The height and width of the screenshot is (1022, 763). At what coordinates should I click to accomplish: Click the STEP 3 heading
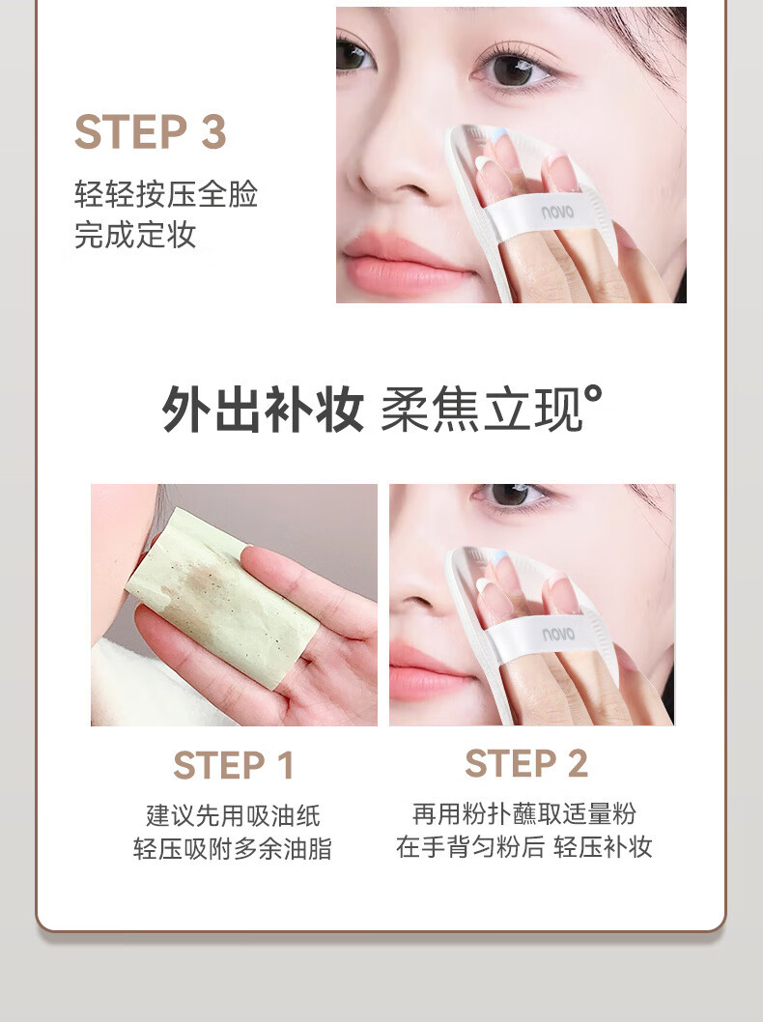tap(151, 132)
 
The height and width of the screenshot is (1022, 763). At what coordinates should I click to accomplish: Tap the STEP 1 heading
tap(234, 765)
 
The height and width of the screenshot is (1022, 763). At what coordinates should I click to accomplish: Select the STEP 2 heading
tap(526, 763)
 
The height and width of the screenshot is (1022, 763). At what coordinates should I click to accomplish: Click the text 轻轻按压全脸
tap(166, 193)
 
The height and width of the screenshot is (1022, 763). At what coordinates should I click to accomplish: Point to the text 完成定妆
tap(135, 235)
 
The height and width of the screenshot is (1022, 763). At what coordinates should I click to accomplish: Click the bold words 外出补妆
tap(263, 409)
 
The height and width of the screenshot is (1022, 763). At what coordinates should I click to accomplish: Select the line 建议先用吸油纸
tap(234, 815)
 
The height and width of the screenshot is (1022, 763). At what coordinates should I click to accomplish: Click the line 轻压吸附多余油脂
tap(233, 849)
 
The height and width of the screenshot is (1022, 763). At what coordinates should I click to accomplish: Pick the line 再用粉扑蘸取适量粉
tap(524, 814)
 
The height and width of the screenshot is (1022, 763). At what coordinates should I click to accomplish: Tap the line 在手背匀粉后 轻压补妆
tap(524, 846)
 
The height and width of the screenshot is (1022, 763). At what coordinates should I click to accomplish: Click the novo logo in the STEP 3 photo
tap(557, 212)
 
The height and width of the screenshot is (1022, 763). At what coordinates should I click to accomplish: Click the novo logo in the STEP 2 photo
tap(558, 634)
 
